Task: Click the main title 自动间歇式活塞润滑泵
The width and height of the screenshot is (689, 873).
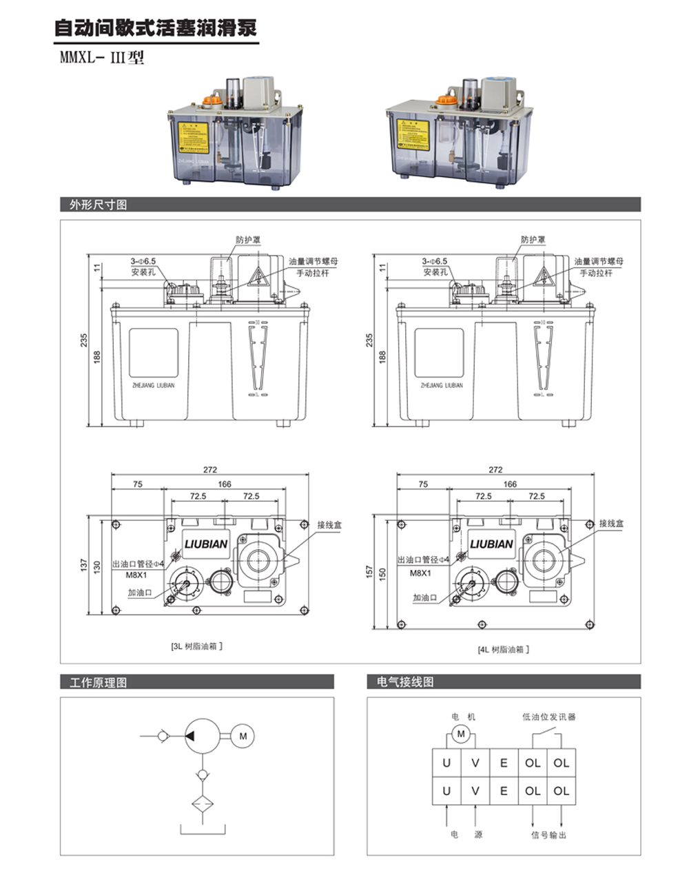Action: (x=156, y=28)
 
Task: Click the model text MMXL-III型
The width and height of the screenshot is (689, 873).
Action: (x=103, y=58)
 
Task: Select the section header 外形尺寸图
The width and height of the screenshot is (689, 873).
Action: (x=98, y=205)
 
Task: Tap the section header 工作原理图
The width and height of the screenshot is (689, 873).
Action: (x=98, y=682)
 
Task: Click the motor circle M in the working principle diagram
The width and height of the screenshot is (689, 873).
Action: (x=243, y=736)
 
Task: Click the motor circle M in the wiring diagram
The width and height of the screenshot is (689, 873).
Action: (x=462, y=735)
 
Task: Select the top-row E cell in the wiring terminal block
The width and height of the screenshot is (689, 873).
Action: (x=504, y=763)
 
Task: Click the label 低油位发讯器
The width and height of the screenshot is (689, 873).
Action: (x=548, y=717)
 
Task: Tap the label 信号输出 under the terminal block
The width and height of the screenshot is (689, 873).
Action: (x=548, y=834)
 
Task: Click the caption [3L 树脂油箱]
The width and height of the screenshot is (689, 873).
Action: (x=196, y=646)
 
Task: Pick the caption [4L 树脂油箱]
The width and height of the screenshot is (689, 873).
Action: (x=504, y=649)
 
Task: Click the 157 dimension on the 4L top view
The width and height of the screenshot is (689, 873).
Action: (x=370, y=572)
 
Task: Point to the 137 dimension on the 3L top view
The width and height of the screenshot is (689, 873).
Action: (x=84, y=566)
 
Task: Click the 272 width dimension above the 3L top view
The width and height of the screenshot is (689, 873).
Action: (x=209, y=470)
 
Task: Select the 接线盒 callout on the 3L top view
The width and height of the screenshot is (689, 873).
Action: (x=329, y=525)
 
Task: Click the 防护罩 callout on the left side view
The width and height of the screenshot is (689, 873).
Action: (x=248, y=240)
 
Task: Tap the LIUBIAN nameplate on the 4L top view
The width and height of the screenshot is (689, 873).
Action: (x=491, y=544)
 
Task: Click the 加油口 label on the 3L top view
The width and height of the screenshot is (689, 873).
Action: (x=140, y=592)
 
